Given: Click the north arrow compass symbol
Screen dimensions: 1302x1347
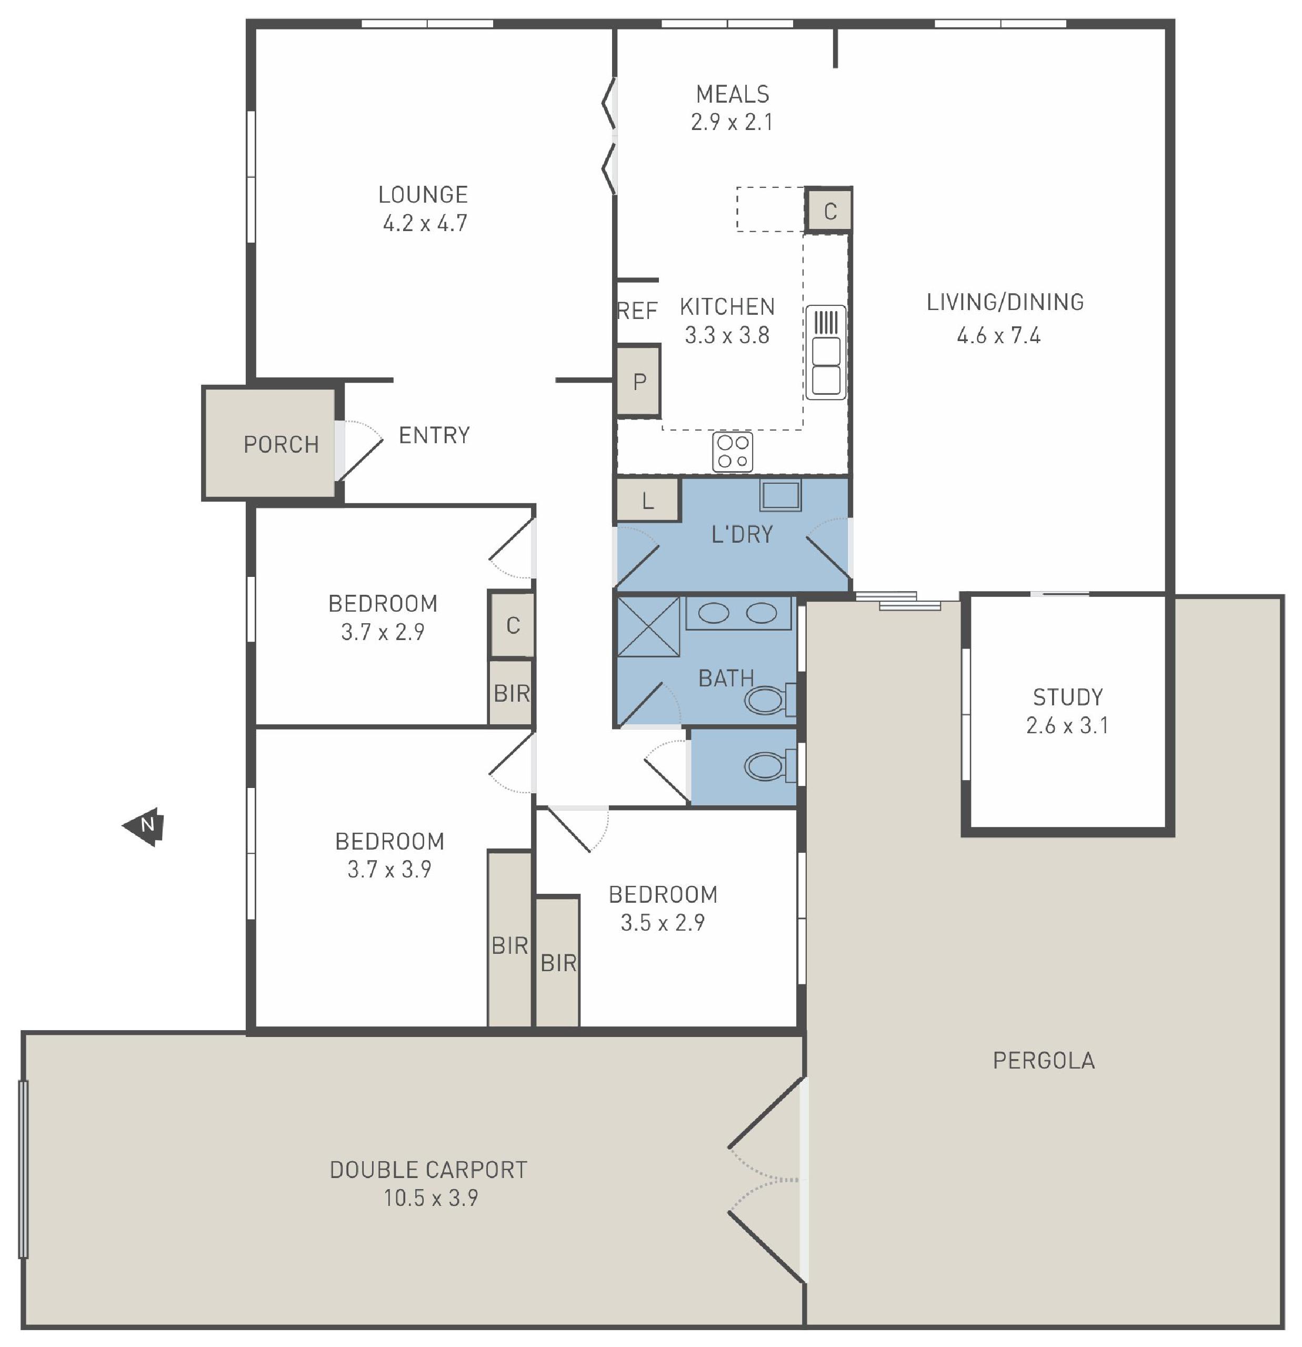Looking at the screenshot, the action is tap(144, 826).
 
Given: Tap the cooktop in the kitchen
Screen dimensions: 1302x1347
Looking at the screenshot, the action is tap(733, 452).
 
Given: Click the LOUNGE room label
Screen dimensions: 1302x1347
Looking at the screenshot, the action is tap(423, 194).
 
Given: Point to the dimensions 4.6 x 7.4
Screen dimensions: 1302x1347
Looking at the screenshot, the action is tap(999, 335).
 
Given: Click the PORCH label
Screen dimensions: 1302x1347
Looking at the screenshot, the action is tap(281, 445).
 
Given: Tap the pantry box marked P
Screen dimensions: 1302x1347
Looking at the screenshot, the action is tap(639, 382).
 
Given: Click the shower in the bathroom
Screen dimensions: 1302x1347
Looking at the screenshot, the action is tap(648, 627).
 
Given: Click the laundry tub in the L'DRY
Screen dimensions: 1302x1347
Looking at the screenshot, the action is tap(780, 495).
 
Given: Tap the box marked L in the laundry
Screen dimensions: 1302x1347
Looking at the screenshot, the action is tap(648, 500).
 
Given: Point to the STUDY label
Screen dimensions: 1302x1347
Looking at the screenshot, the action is tap(1068, 697).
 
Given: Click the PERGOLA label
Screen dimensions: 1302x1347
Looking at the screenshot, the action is tap(1044, 1061).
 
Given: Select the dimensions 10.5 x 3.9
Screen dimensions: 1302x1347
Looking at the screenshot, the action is tap(431, 1198).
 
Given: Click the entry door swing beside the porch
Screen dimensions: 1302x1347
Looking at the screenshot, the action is tap(360, 450).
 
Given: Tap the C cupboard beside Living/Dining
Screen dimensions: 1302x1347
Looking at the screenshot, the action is tap(829, 211).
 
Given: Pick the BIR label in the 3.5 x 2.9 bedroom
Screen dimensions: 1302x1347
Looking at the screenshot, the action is tap(558, 963).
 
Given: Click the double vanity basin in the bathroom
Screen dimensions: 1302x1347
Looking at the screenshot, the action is tap(737, 613).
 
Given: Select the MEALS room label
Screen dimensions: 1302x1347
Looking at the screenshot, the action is tap(733, 94).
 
